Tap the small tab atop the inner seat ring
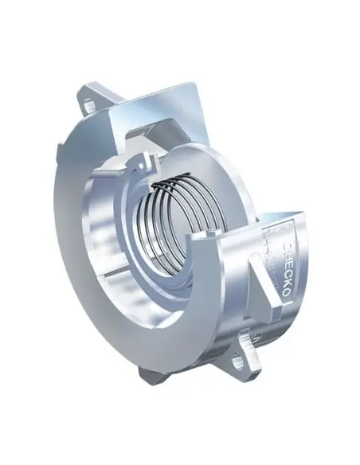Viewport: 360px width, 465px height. (146, 163)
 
